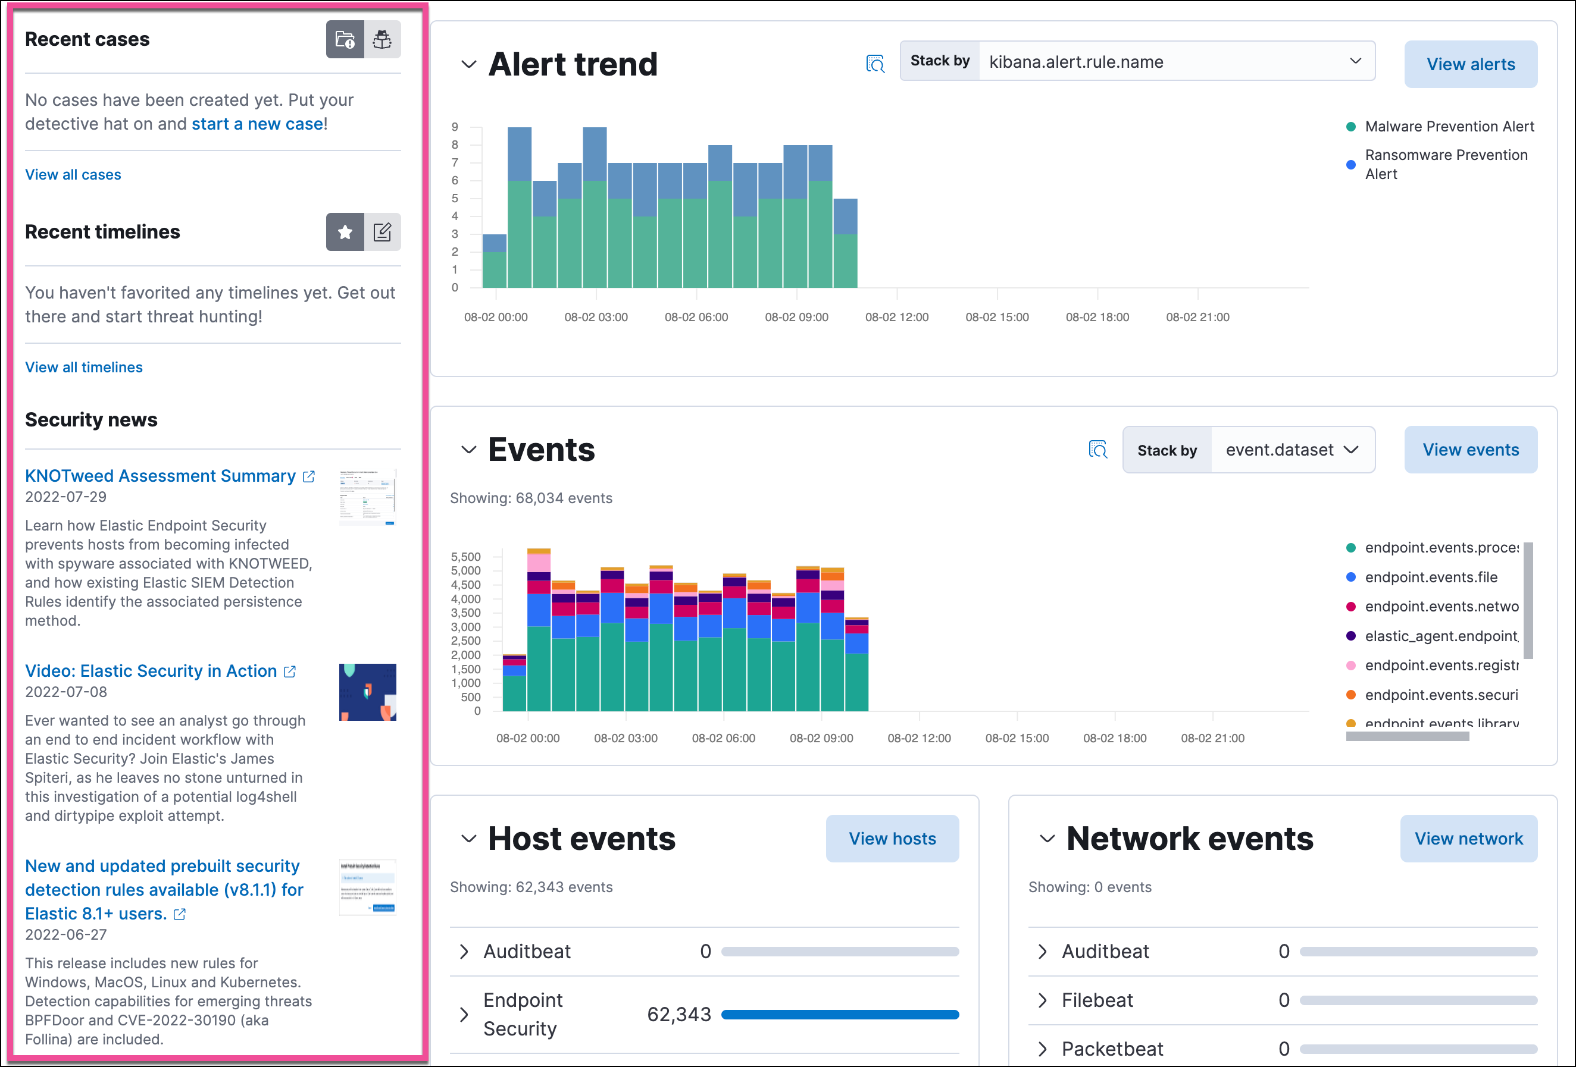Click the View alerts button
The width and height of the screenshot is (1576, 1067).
(1469, 64)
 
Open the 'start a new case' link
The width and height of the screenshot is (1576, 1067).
(257, 124)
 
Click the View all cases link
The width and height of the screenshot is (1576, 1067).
(73, 175)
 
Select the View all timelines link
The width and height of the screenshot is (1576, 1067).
(84, 368)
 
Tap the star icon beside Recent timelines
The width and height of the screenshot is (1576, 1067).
(345, 233)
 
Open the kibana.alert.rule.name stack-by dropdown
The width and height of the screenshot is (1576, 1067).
(1176, 62)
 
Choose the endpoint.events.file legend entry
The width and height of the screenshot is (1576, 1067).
(1430, 578)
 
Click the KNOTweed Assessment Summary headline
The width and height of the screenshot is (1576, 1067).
(161, 476)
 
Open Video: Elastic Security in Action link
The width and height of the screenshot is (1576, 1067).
(151, 671)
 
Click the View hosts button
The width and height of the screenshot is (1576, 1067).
(892, 839)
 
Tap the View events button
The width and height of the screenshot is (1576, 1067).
(1469, 450)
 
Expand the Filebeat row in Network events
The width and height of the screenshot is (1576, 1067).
(1042, 1000)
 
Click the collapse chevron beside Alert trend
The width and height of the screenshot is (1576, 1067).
(468, 64)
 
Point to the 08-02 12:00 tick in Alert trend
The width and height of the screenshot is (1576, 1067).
(896, 317)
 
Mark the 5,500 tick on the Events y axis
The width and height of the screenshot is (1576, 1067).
(465, 557)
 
